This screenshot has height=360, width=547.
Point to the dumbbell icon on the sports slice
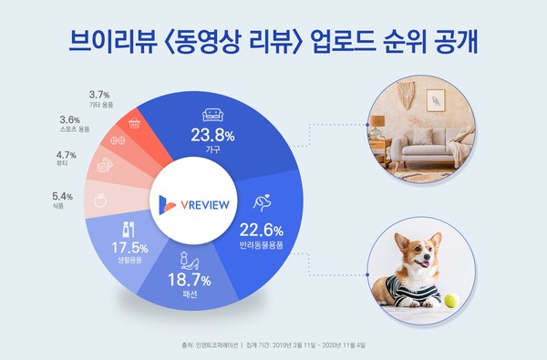[117, 140]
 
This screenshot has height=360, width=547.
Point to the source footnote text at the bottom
[273, 346]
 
